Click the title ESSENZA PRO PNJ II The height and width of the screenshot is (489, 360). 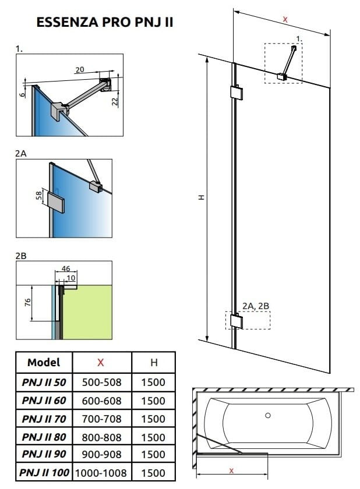pos(104,23)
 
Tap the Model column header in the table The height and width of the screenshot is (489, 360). pos(44,362)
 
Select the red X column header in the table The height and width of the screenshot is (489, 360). pos(101,362)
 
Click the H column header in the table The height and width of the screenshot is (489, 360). pos(154,362)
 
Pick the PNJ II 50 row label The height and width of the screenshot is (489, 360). pos(44,382)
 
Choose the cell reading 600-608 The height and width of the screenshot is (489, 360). pos(101,401)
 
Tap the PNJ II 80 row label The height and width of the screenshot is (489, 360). pos(44,437)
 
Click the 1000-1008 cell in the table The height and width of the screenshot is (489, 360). pos(101,473)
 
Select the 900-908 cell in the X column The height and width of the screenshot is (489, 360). pos(101,455)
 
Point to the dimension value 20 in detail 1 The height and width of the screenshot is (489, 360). pos(80,69)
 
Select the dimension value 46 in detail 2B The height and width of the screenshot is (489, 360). pos(66,269)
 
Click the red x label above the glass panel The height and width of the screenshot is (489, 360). pos(285,19)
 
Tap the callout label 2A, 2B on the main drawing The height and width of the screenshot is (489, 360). pos(255,306)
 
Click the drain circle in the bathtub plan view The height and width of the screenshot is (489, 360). pos(268,415)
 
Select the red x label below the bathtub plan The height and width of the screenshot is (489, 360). pos(231,470)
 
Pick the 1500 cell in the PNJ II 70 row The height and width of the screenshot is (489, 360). pos(154,419)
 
